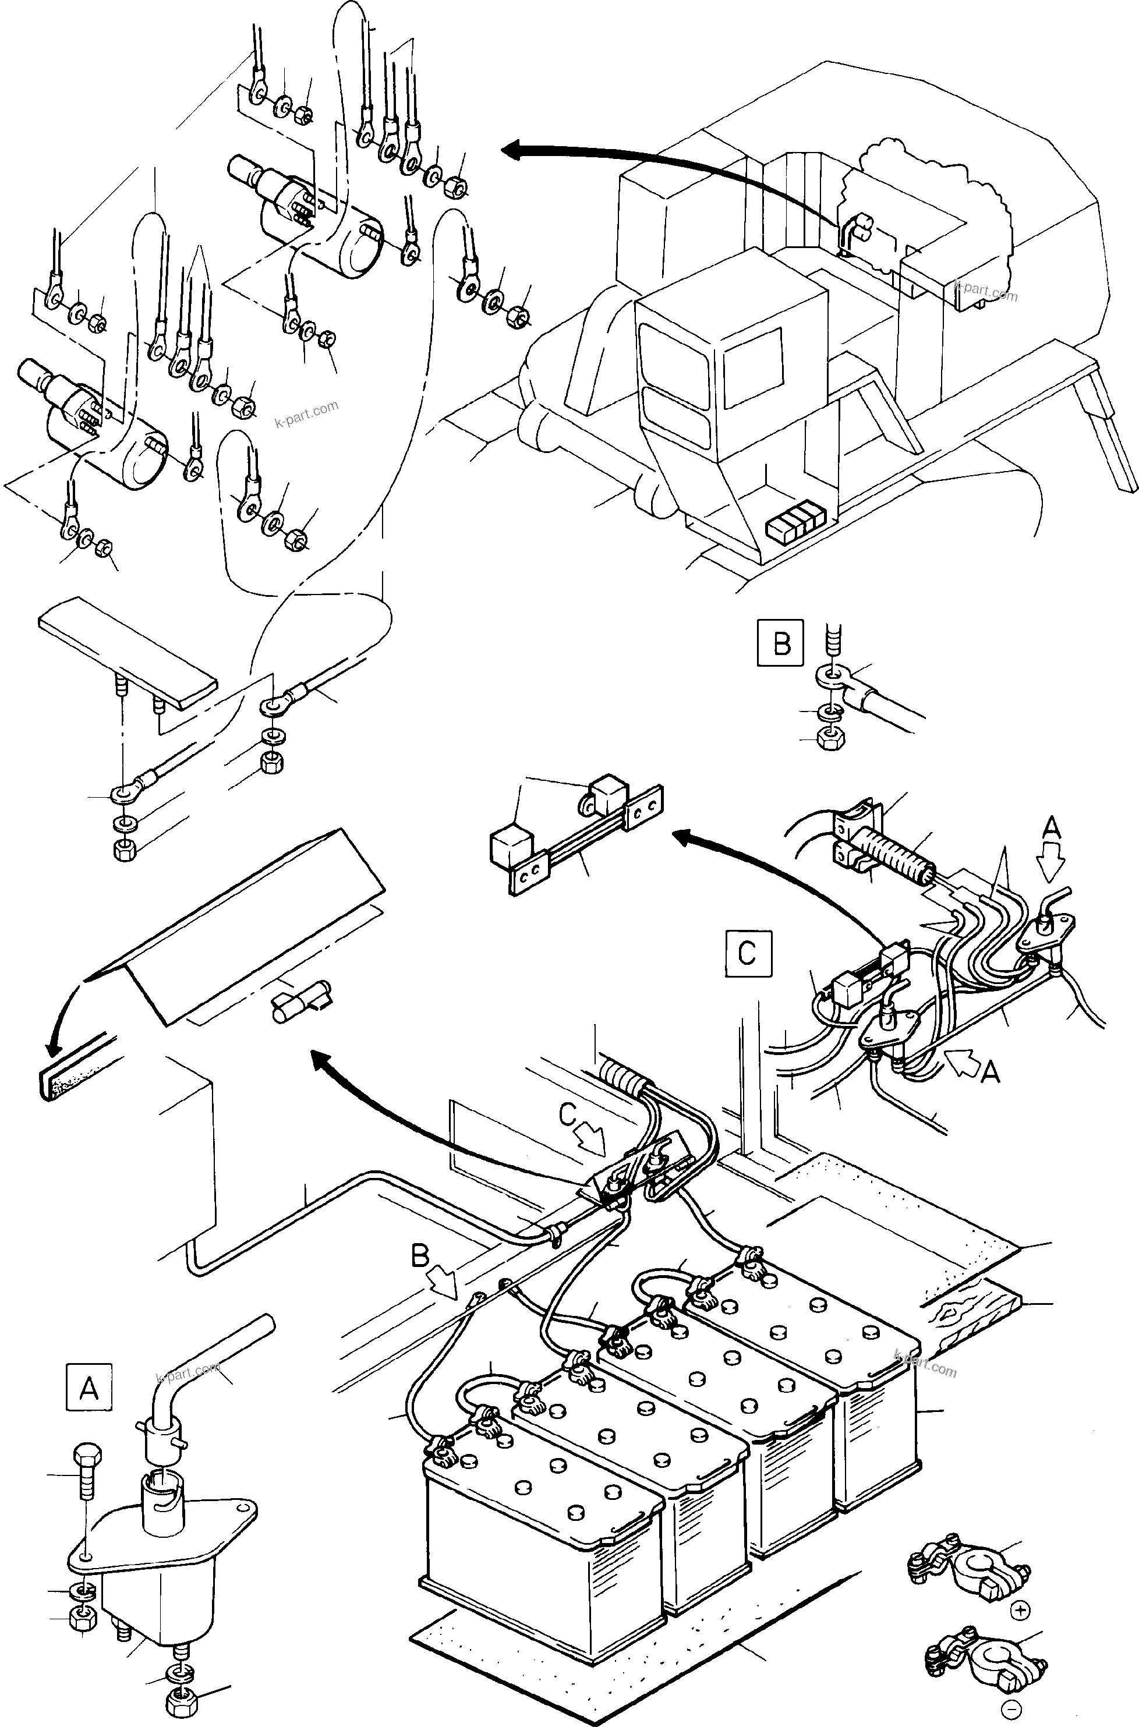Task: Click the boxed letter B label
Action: click(781, 642)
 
